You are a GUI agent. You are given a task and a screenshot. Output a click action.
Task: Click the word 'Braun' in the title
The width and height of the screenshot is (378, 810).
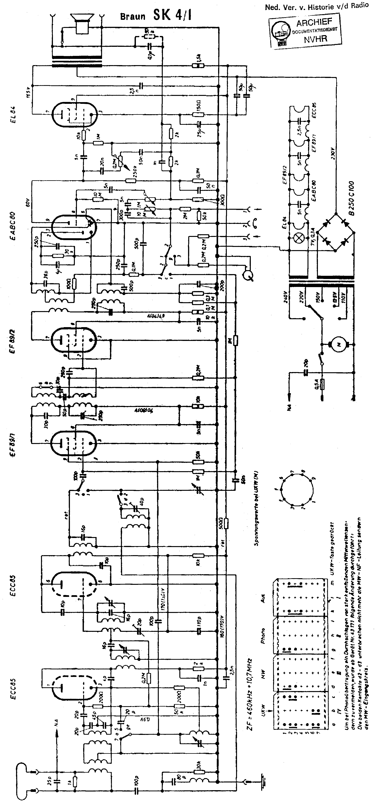click(x=133, y=16)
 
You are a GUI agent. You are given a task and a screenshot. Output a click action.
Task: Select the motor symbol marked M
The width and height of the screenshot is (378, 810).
click(x=339, y=345)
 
